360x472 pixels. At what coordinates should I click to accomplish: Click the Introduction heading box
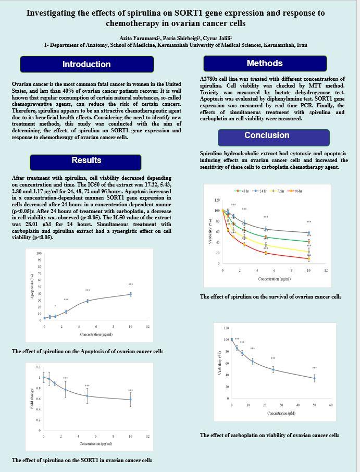(x=86, y=64)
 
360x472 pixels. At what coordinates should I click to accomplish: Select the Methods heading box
(x=265, y=64)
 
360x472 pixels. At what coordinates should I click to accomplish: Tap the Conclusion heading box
(x=267, y=135)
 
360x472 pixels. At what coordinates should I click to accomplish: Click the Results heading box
(x=86, y=160)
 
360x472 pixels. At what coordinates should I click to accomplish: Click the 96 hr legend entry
(x=295, y=191)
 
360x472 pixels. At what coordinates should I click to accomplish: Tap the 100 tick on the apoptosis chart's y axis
(x=39, y=254)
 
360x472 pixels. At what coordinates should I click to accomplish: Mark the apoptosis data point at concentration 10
(x=131, y=294)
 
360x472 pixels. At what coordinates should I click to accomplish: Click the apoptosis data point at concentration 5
(x=88, y=301)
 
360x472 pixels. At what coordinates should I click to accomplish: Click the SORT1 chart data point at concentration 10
(x=131, y=400)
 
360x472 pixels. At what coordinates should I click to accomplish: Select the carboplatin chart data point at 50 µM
(x=314, y=378)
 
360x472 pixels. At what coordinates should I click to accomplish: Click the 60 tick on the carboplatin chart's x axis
(x=331, y=405)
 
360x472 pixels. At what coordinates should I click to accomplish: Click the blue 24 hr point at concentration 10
(x=309, y=233)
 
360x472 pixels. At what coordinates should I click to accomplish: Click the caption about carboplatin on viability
(x=269, y=435)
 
